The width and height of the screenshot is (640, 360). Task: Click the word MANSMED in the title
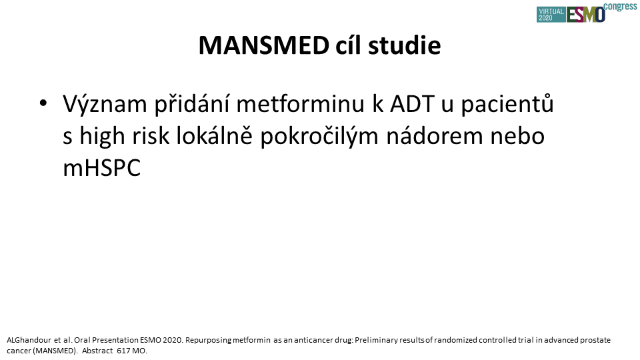coord(264,45)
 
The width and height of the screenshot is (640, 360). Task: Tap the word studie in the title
coord(405,45)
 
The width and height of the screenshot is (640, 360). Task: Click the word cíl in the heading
coord(349,45)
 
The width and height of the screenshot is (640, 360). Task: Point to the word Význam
coord(105,104)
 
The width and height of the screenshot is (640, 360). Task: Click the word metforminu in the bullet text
coord(301,104)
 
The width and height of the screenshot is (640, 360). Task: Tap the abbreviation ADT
coord(412,104)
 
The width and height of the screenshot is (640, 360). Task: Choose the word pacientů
coord(507,104)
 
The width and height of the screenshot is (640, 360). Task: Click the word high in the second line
coord(102,135)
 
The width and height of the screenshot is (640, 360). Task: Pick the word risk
coord(151,135)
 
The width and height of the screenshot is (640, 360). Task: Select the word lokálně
coord(214,135)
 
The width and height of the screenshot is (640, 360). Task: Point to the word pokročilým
coord(319,136)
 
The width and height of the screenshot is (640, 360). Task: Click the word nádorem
coord(435,135)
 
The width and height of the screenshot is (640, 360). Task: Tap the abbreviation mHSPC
coord(101,168)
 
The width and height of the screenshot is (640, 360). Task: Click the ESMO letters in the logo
coord(586,15)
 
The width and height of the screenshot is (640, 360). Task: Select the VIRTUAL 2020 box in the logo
coord(551,14)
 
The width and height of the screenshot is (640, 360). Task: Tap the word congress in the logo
coord(620,7)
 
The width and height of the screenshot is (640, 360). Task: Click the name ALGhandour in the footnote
coord(29,340)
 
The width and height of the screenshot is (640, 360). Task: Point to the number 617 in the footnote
coord(123,351)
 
